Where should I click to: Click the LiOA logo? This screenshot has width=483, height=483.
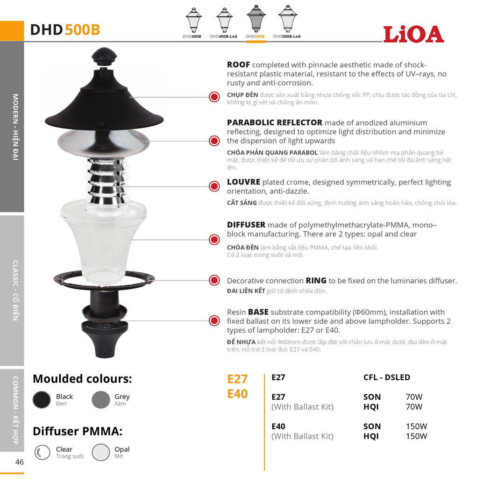[413, 34]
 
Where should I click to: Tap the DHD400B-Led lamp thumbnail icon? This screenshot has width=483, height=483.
[224, 20]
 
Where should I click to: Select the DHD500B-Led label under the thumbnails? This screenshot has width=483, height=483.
[286, 36]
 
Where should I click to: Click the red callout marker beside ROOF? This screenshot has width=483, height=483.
[214, 97]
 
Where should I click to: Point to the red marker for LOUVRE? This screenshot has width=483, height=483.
[214, 186]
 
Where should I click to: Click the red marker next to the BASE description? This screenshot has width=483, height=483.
[214, 320]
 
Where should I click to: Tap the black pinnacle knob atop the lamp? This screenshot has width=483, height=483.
[104, 56]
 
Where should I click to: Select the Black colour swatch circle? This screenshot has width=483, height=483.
[42, 399]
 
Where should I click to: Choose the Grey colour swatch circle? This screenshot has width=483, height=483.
[101, 399]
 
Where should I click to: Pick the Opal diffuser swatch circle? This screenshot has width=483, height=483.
[101, 452]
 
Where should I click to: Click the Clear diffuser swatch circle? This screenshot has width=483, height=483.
[42, 452]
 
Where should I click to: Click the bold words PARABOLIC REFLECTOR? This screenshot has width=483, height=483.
[275, 122]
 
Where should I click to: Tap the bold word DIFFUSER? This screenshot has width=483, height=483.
[246, 225]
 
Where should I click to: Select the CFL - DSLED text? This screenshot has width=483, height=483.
[387, 377]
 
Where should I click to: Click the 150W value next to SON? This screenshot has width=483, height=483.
[416, 426]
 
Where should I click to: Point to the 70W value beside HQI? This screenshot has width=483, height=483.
[414, 406]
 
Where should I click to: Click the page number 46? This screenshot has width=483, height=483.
[20, 462]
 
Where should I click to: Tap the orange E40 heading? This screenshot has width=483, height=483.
[237, 394]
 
